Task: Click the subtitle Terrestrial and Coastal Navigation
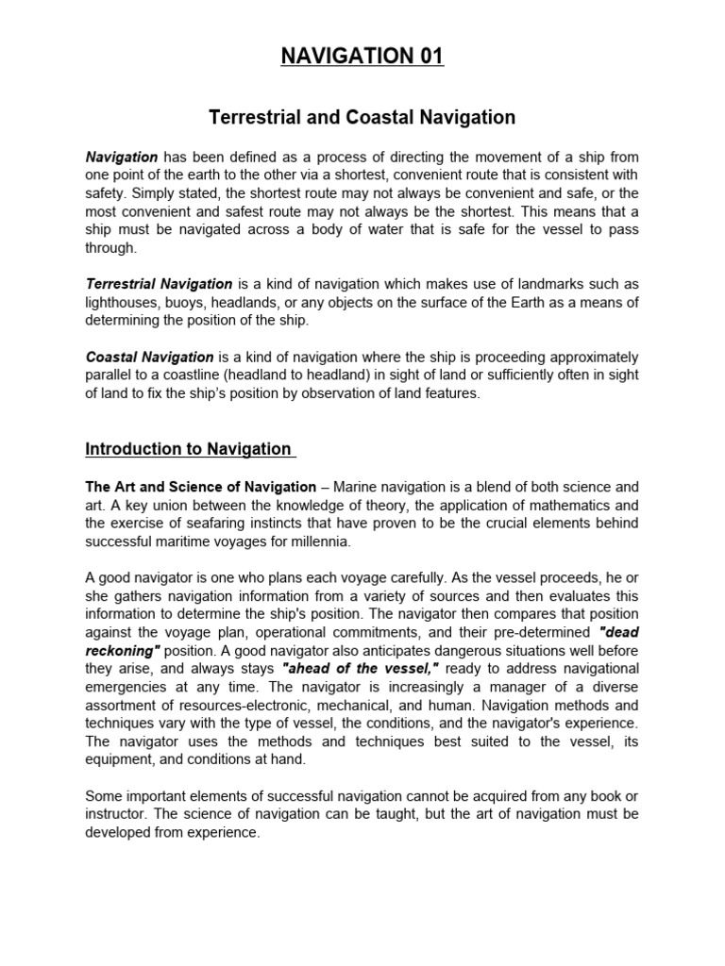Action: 362,118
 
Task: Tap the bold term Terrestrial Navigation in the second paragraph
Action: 159,283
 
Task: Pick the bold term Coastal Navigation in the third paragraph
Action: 150,358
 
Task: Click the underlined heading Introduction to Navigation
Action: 189,449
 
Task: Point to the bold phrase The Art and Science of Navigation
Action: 201,487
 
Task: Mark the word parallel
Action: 108,375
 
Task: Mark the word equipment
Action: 123,761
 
